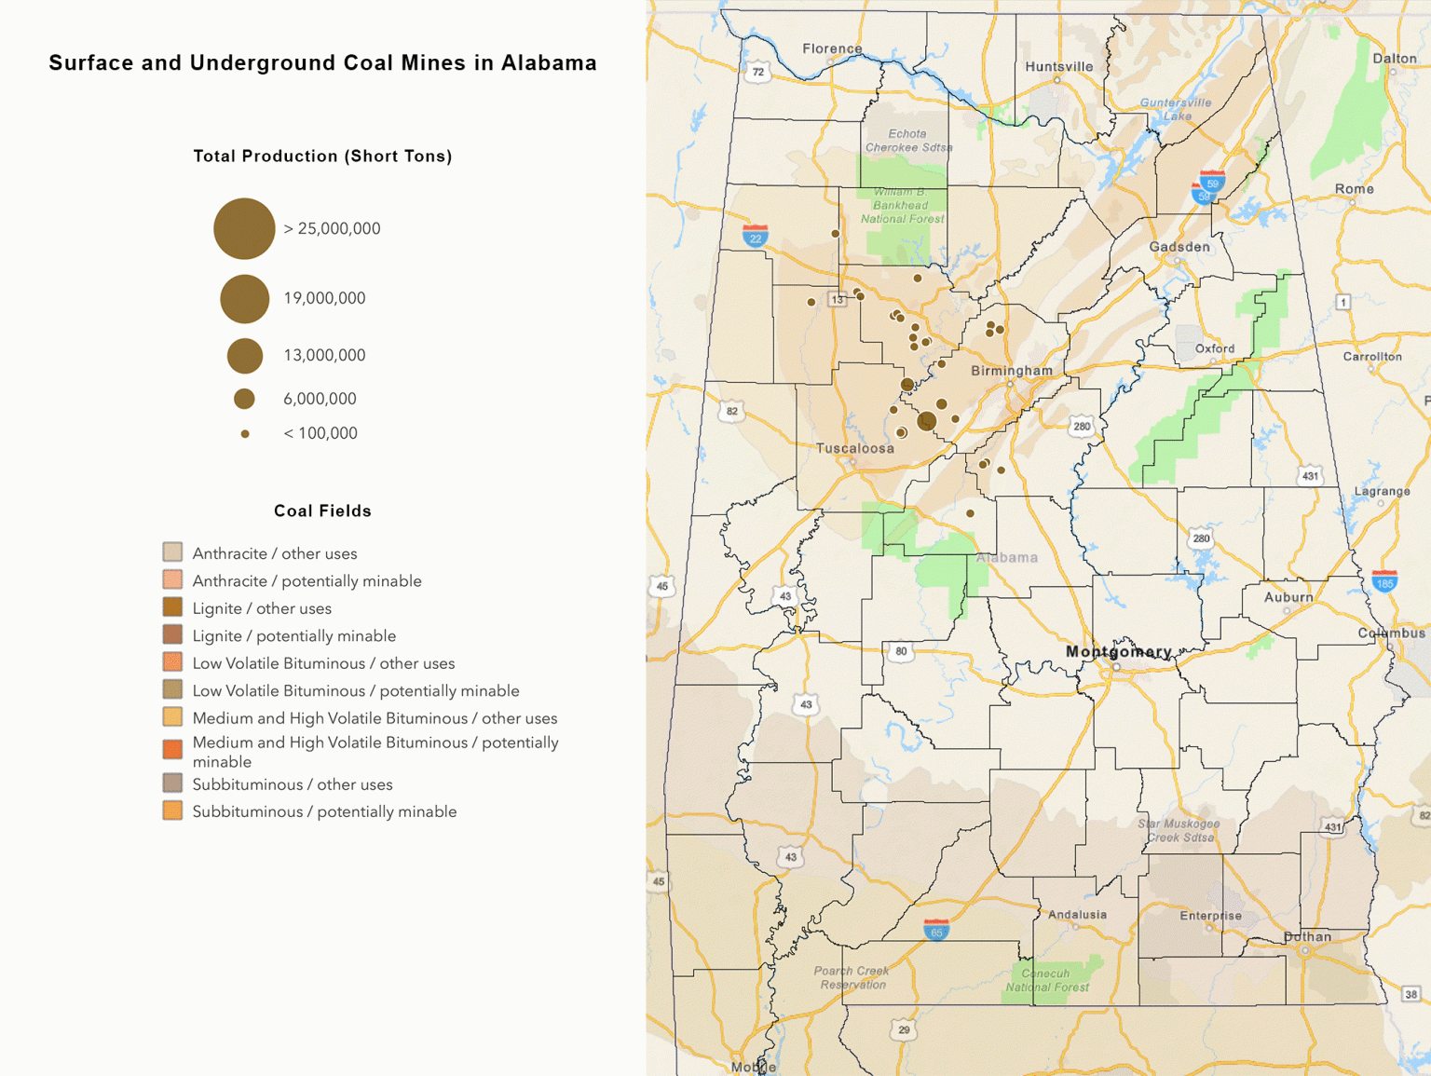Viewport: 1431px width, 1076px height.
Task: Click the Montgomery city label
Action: point(1118,651)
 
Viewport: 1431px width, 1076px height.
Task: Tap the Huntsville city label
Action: point(1058,66)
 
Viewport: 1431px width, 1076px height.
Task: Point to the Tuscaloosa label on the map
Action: point(854,448)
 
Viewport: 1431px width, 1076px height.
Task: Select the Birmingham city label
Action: point(1012,370)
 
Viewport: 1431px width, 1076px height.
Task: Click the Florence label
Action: point(832,48)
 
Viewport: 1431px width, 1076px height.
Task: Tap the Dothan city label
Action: point(1307,936)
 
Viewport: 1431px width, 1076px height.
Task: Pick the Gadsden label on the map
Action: point(1179,247)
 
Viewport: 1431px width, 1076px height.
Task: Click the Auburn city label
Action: point(1288,597)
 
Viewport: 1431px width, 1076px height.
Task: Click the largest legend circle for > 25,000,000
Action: point(244,228)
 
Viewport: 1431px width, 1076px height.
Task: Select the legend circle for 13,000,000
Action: point(245,355)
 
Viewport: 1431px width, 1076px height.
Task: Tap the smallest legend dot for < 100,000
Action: point(245,433)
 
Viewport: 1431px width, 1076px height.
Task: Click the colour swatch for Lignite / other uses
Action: point(172,607)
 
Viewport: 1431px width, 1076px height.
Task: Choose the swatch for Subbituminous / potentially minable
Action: point(172,810)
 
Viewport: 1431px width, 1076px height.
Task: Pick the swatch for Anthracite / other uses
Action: point(172,552)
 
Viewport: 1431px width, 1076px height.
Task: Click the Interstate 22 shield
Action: point(755,236)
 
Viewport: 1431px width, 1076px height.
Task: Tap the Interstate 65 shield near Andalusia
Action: point(936,930)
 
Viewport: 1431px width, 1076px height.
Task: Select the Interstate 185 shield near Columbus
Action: point(1384,581)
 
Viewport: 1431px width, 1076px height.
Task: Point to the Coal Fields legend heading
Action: point(322,511)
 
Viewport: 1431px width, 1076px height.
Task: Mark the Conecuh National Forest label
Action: point(1047,980)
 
